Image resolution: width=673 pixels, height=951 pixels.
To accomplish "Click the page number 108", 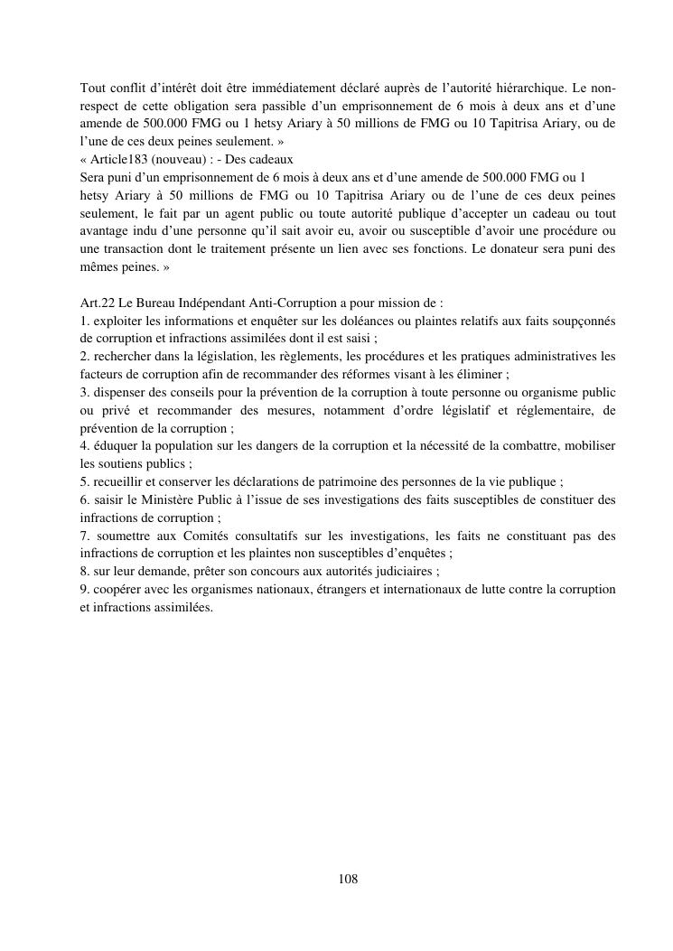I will coord(348,878).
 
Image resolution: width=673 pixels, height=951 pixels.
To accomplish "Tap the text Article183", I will coord(122,160).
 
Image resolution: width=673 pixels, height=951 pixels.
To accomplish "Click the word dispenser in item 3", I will coord(120,392).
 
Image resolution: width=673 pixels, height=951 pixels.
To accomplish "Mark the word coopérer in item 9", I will coord(119,589).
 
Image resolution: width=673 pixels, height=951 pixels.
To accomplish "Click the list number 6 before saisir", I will coord(84,499).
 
